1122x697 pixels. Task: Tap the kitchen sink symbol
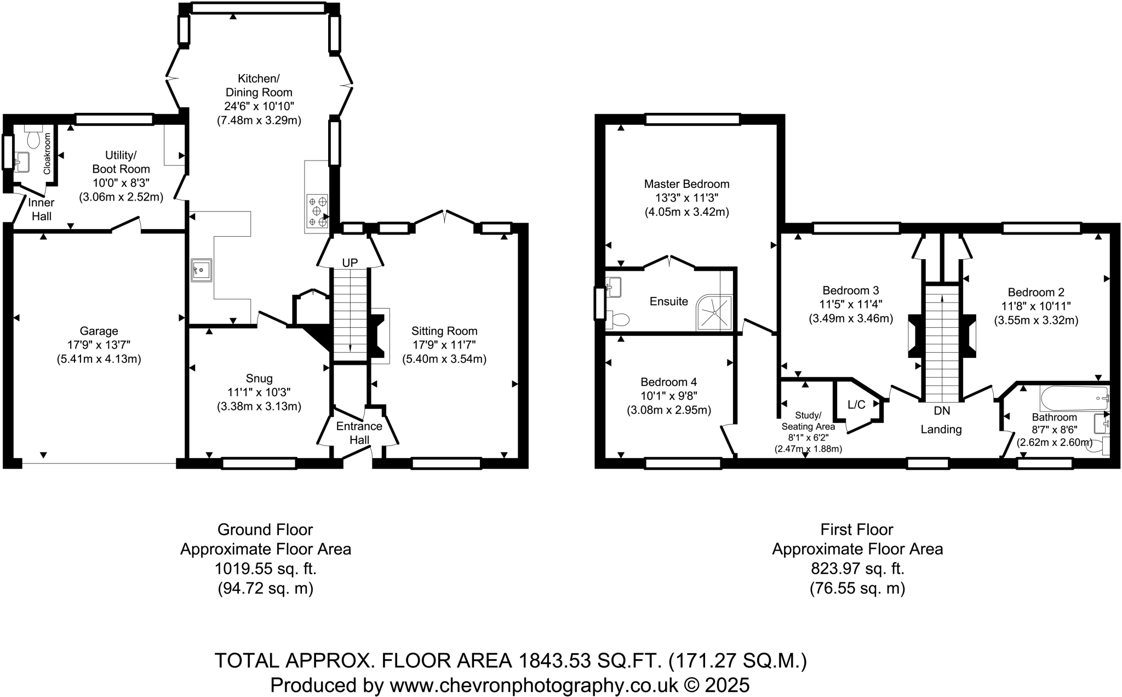click(201, 270)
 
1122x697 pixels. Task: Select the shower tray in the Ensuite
click(714, 313)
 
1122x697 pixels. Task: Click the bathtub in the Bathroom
click(1074, 398)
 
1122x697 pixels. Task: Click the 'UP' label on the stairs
click(350, 263)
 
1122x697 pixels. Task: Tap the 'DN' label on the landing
click(942, 410)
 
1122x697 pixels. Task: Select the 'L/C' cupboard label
click(856, 405)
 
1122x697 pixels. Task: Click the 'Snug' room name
click(259, 379)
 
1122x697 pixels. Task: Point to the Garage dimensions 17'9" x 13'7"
click(99, 345)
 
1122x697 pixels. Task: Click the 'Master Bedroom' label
click(686, 184)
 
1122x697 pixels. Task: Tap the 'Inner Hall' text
click(41, 209)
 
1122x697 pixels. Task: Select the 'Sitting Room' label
click(444, 331)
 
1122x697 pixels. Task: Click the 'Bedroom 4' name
click(669, 382)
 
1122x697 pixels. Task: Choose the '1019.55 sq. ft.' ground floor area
click(266, 569)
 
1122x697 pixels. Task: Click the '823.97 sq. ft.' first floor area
click(857, 569)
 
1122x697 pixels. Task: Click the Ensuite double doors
click(669, 262)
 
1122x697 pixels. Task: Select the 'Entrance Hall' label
click(359, 433)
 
